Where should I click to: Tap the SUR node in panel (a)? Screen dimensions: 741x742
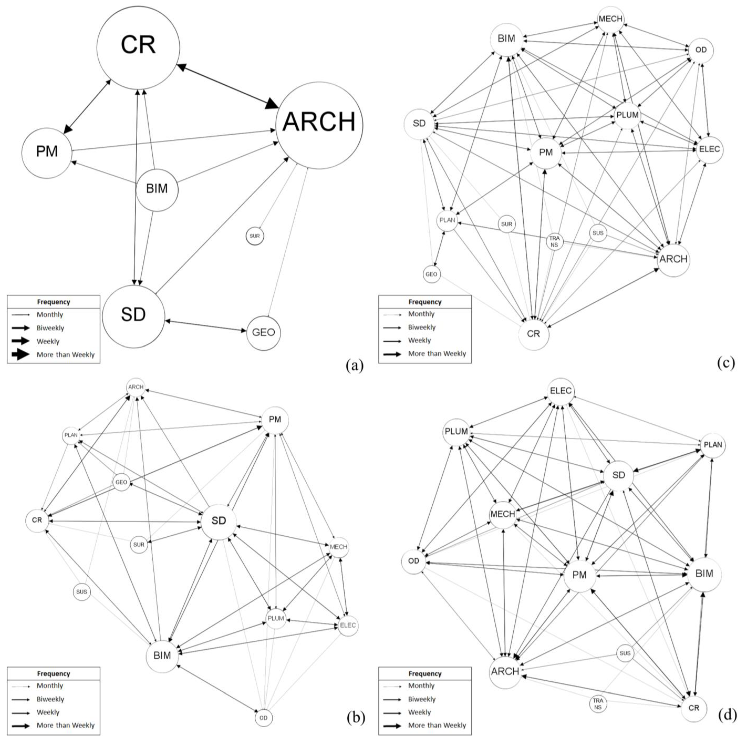pos(255,236)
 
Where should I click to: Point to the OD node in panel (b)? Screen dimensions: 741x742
pos(264,718)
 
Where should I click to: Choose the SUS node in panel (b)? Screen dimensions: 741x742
pos(81,592)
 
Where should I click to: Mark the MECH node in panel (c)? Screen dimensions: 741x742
pos(610,19)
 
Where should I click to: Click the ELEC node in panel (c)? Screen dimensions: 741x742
pos(709,149)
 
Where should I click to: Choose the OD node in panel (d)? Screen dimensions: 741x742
pos(414,561)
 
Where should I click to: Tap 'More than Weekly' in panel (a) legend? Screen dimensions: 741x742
pos(65,355)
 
